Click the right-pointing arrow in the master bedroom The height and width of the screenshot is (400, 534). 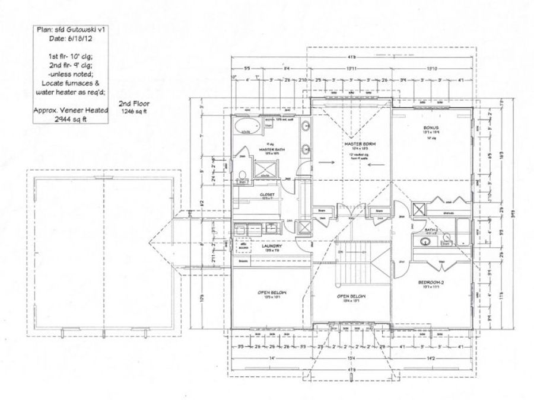(325, 161)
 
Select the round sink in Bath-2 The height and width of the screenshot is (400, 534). (424, 241)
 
